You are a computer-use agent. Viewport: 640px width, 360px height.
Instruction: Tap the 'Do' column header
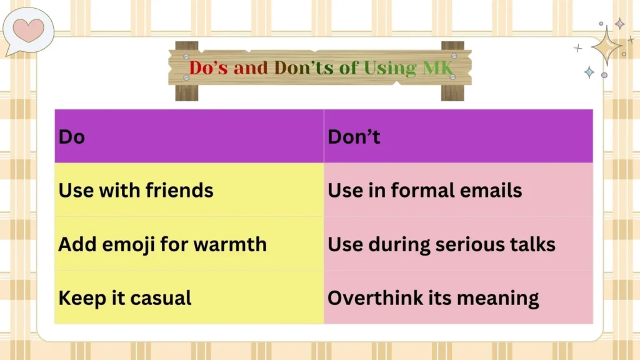click(x=71, y=136)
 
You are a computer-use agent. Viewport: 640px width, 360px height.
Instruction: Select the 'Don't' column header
click(x=354, y=136)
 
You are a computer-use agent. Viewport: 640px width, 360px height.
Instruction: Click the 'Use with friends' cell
click(x=136, y=190)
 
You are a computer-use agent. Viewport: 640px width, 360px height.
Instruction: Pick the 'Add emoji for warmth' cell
click(x=162, y=244)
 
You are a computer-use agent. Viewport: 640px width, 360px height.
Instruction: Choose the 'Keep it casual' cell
click(x=125, y=297)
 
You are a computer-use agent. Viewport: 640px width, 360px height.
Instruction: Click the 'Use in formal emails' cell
click(x=425, y=190)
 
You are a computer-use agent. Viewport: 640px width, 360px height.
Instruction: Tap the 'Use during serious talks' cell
click(x=441, y=244)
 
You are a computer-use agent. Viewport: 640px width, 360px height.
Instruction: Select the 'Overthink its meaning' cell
click(x=433, y=297)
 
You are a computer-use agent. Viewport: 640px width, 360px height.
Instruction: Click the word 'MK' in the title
click(x=436, y=67)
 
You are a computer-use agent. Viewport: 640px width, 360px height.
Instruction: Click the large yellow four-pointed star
click(x=606, y=46)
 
